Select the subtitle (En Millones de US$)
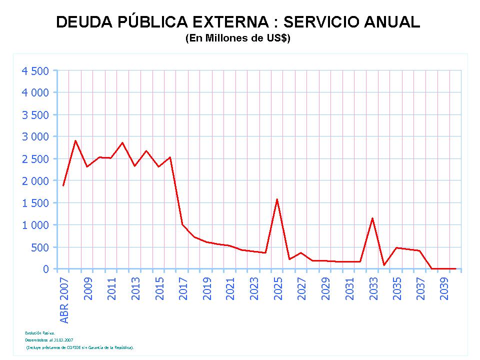[238, 38]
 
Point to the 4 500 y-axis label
[35, 70]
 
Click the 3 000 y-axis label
[35, 136]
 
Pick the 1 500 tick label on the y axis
[35, 203]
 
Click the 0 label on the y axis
[46, 269]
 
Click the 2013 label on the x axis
[135, 288]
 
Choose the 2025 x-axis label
[278, 288]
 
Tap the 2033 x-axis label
[373, 288]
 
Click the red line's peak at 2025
[277, 199]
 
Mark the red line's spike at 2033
[372, 218]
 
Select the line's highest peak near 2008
[75, 140]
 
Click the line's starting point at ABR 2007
[63, 186]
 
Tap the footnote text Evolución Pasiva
[40, 332]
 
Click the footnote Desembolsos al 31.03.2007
[49, 339]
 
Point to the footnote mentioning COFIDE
[80, 346]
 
